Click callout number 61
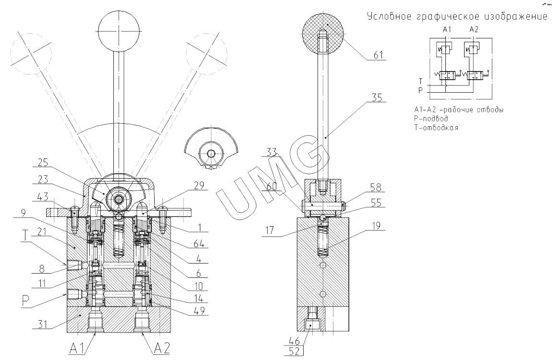click(x=378, y=55)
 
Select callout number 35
click(x=377, y=97)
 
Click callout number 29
click(x=199, y=185)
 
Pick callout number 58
click(x=376, y=187)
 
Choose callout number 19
click(x=376, y=226)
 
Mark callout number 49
click(x=198, y=311)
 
